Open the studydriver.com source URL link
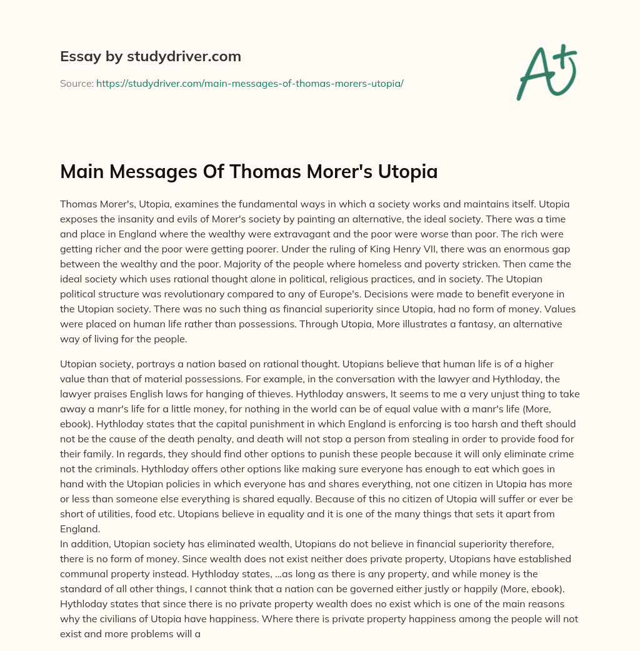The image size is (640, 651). [x=249, y=83]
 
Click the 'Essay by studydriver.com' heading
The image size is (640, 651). [x=151, y=56]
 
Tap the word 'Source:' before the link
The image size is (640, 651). [x=76, y=83]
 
